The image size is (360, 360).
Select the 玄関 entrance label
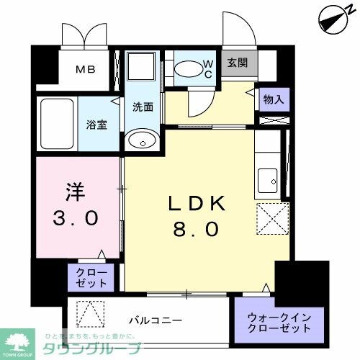[x=238, y=63]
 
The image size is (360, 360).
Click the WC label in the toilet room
[x=206, y=68]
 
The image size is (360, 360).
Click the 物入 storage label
[x=274, y=99]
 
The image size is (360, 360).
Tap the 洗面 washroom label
[x=142, y=107]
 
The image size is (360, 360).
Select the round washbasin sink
[x=141, y=141]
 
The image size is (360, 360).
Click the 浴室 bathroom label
[x=98, y=122]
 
